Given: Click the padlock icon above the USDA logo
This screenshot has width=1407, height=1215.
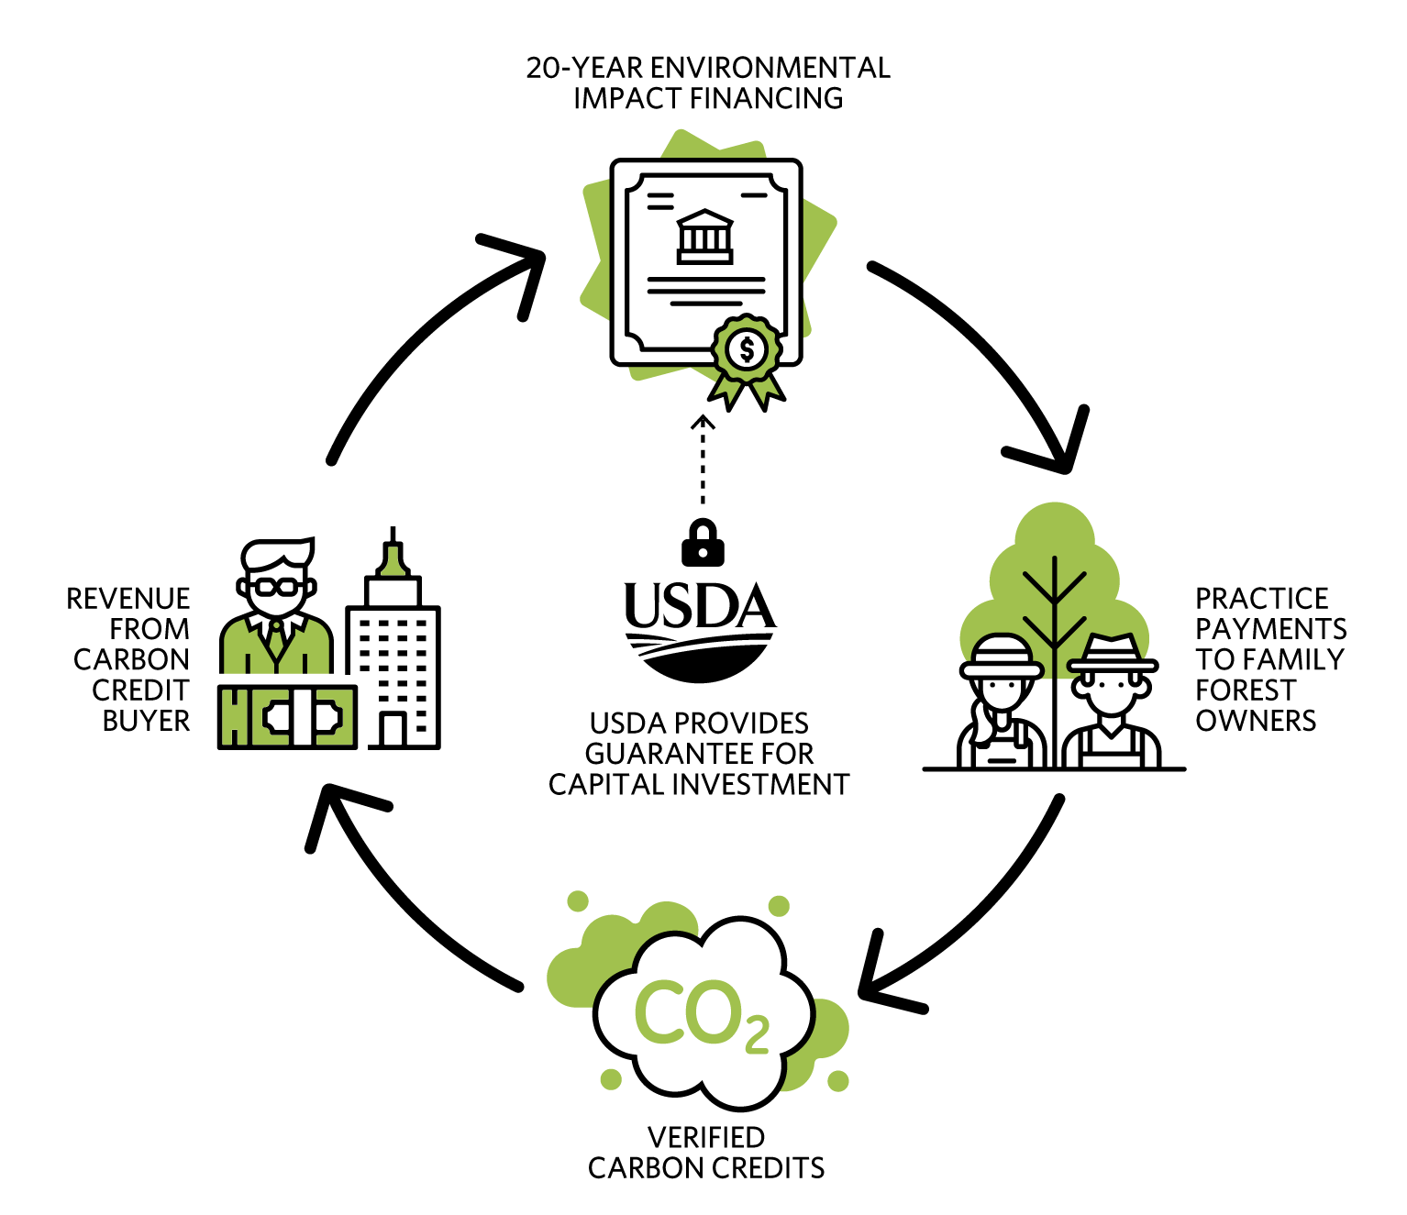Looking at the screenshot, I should [703, 544].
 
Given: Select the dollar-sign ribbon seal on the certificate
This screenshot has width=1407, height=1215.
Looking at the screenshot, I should [747, 352].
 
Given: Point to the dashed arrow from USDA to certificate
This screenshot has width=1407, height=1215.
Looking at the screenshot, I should [703, 459].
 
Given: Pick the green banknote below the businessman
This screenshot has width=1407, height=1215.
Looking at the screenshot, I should [287, 716].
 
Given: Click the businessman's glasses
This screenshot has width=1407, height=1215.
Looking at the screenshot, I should [276, 587].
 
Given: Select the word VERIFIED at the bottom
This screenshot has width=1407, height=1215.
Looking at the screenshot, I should [706, 1137].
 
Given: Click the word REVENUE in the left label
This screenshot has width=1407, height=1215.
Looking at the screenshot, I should [128, 599].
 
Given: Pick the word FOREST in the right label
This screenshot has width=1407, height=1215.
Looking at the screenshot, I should [1246, 690].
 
